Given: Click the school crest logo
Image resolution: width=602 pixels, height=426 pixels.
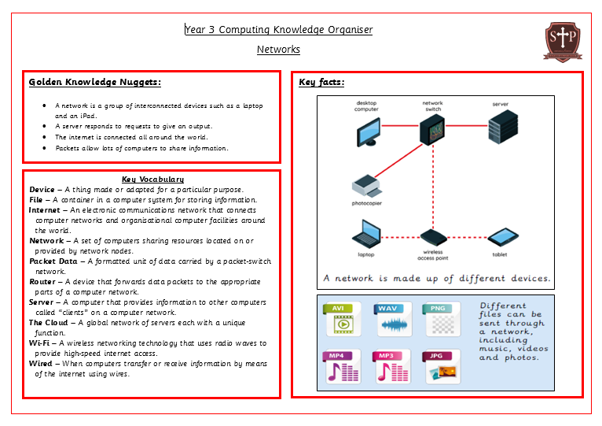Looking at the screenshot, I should (563, 40).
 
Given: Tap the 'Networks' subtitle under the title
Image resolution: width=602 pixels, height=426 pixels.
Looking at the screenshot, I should (278, 49).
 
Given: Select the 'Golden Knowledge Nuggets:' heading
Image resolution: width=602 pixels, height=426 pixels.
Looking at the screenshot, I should (95, 82).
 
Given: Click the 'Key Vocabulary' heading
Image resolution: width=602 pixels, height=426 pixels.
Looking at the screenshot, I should (152, 180).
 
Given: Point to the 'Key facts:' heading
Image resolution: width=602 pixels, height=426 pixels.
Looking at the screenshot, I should (321, 82).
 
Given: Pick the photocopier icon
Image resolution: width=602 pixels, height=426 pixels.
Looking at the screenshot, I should (366, 186).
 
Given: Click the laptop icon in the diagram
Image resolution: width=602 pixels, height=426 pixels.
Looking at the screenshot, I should (366, 234).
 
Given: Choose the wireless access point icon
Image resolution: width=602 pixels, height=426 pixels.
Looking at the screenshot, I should (432, 236).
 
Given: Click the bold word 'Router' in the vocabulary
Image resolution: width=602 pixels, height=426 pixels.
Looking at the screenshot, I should (42, 281).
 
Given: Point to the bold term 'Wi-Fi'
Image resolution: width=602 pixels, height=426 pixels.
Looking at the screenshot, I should (41, 343).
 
